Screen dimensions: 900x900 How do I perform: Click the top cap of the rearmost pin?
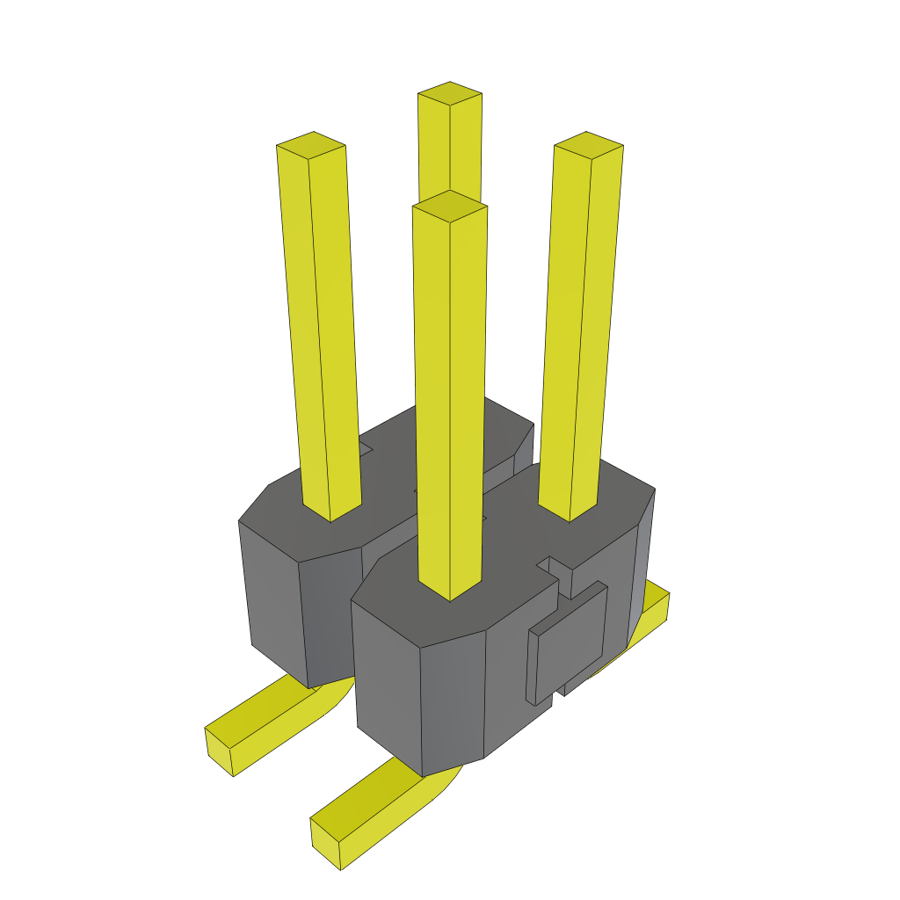pos(450,93)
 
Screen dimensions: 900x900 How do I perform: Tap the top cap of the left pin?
pos(311,146)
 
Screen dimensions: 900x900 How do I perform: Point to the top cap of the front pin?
pos(450,206)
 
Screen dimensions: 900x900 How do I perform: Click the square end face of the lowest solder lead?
pos(326,845)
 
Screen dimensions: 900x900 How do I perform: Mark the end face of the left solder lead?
pos(219,751)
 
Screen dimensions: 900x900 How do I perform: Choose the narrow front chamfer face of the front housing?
pos(454,703)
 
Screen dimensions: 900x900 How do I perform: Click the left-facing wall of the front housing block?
pos(387,686)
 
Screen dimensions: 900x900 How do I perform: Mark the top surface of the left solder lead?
pos(264,712)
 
